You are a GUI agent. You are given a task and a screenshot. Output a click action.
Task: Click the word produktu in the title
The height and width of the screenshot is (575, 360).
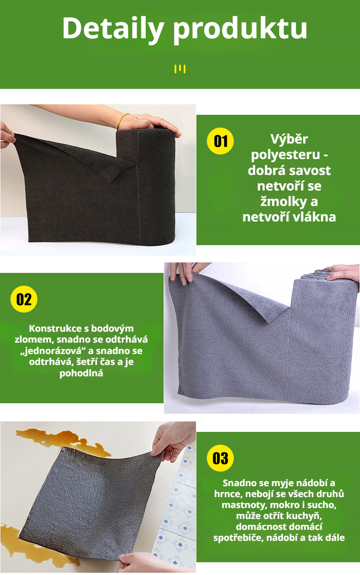[240, 28]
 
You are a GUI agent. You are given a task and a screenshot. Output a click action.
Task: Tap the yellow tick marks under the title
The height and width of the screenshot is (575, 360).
[180, 69]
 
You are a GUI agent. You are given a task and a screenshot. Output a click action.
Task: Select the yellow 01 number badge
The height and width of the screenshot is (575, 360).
[220, 141]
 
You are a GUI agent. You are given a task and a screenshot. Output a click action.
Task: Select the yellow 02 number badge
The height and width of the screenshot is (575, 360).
[24, 299]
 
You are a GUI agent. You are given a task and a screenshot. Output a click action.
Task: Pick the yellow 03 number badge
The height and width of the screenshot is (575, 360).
[220, 458]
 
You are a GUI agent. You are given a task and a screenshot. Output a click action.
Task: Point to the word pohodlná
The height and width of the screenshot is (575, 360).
[82, 374]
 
